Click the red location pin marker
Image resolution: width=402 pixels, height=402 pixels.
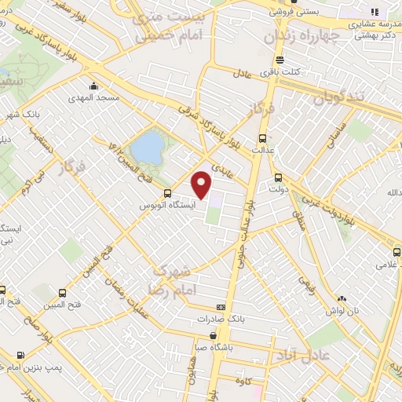(203, 184)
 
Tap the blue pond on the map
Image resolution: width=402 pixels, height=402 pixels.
(145, 147)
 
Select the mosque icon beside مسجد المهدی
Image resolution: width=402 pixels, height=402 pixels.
(94, 86)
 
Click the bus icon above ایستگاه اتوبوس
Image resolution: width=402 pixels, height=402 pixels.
(166, 193)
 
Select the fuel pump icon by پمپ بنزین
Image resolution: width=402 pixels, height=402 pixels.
(20, 355)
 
